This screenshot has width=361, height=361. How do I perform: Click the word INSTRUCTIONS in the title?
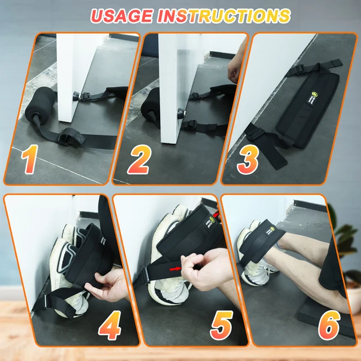pyautogui.click(x=222, y=16)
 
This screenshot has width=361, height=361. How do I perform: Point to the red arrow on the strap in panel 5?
pyautogui.click(x=177, y=268)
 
